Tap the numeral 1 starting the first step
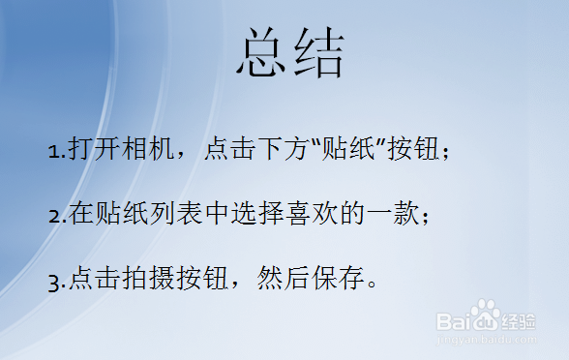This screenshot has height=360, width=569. click(x=52, y=152)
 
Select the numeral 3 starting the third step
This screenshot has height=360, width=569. click(x=52, y=282)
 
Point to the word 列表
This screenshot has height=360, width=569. click(x=173, y=215)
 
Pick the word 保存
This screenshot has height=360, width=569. click(x=334, y=280)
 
